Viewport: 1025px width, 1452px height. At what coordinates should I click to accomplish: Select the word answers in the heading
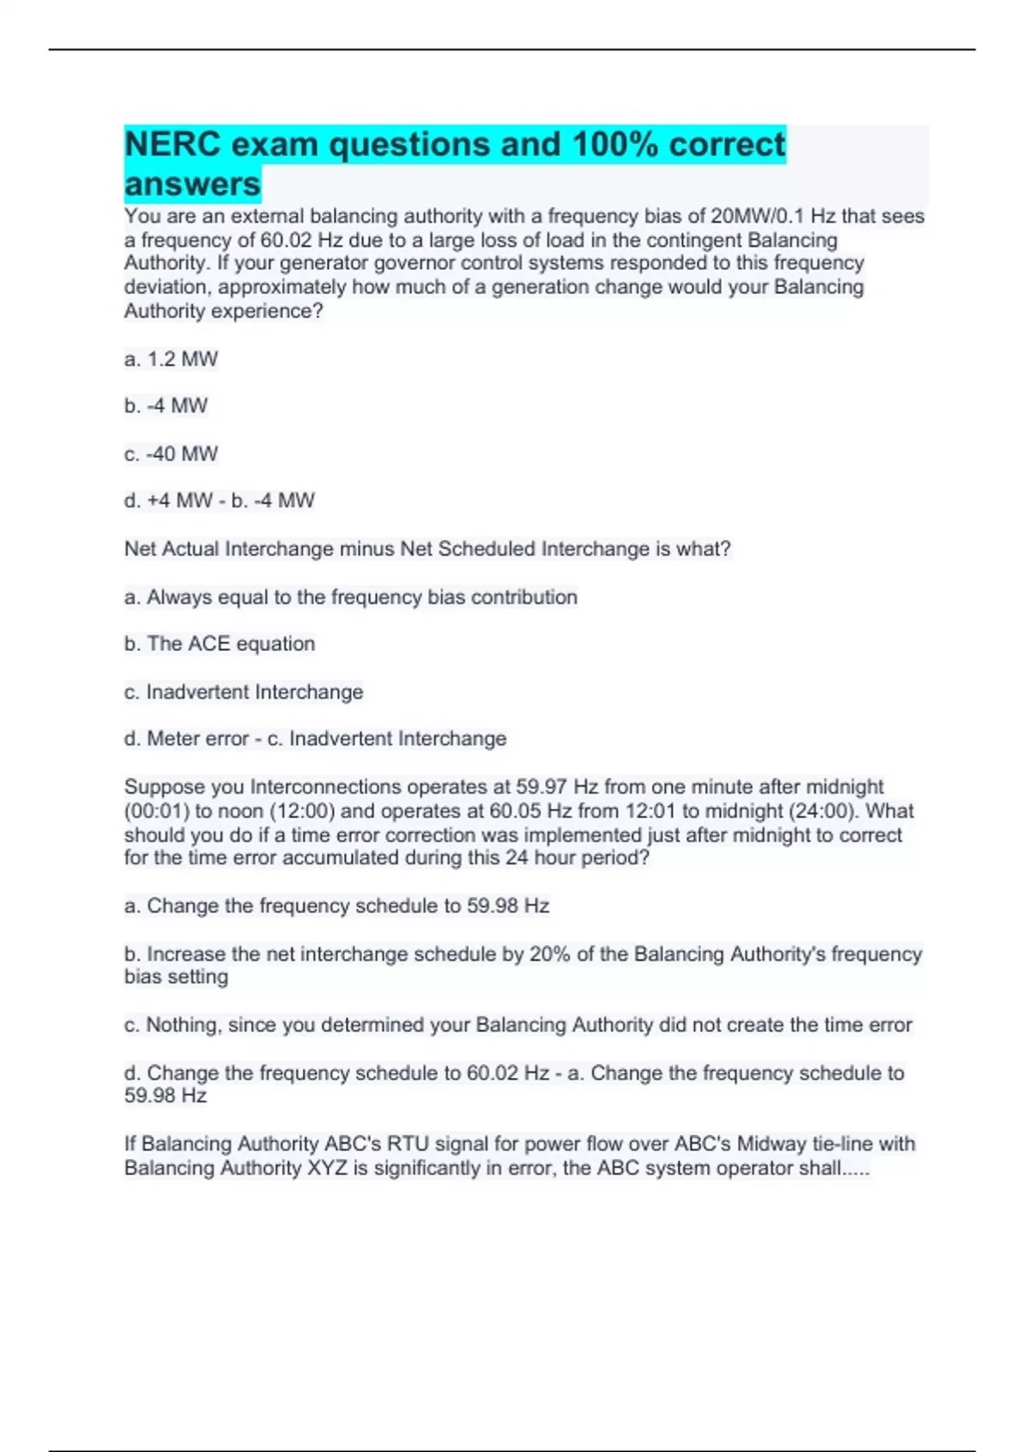192,184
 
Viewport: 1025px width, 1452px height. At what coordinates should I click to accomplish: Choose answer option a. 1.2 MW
171,360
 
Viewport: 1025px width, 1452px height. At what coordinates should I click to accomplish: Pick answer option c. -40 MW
171,454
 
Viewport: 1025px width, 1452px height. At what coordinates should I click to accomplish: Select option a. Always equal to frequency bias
350,597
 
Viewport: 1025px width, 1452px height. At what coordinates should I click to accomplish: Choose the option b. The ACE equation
220,644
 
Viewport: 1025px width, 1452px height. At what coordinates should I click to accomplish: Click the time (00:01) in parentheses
157,811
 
